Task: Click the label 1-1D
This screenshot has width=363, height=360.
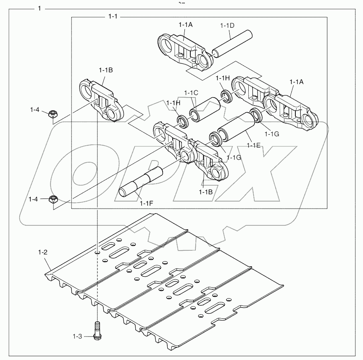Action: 227,25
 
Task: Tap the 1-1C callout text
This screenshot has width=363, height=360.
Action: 191,93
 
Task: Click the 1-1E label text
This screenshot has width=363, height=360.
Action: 253,145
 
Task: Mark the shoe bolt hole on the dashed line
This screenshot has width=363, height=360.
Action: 97,252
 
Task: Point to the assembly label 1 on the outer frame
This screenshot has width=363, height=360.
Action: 39,9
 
